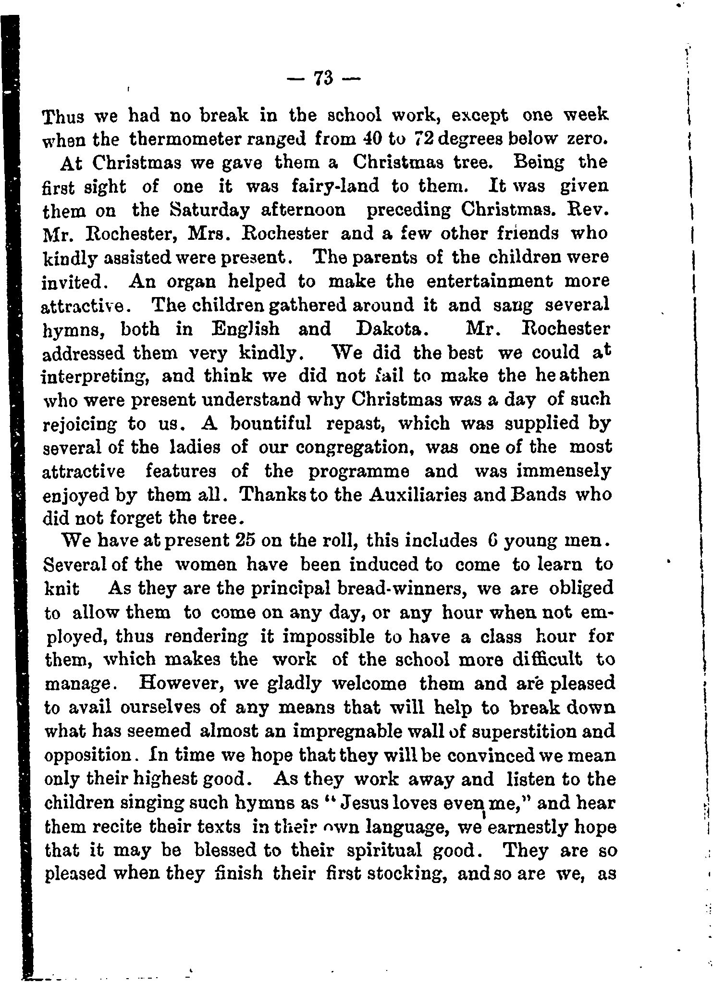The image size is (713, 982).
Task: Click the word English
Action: point(245,329)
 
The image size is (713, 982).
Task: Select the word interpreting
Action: point(96,376)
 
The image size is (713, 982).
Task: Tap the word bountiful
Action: point(271,423)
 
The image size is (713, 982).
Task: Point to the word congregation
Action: point(356,448)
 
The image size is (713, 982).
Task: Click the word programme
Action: point(357,472)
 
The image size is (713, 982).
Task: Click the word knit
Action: point(61,588)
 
